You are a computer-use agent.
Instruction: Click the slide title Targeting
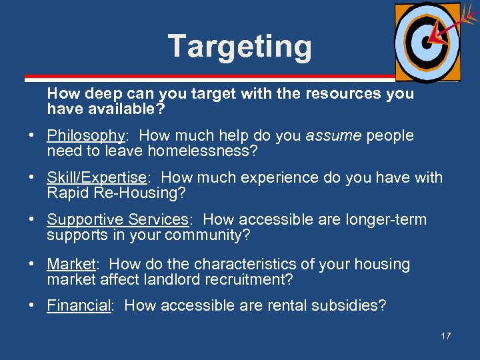click(x=239, y=47)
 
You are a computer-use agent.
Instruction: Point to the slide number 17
click(x=445, y=336)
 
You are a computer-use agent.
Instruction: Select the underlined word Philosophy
click(x=86, y=136)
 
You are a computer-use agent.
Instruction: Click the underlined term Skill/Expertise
click(x=97, y=178)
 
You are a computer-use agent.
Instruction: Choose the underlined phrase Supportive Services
click(x=118, y=220)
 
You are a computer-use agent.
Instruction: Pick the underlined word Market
click(x=71, y=264)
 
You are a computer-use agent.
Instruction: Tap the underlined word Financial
click(x=79, y=306)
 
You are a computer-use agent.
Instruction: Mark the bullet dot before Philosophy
click(x=31, y=137)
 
